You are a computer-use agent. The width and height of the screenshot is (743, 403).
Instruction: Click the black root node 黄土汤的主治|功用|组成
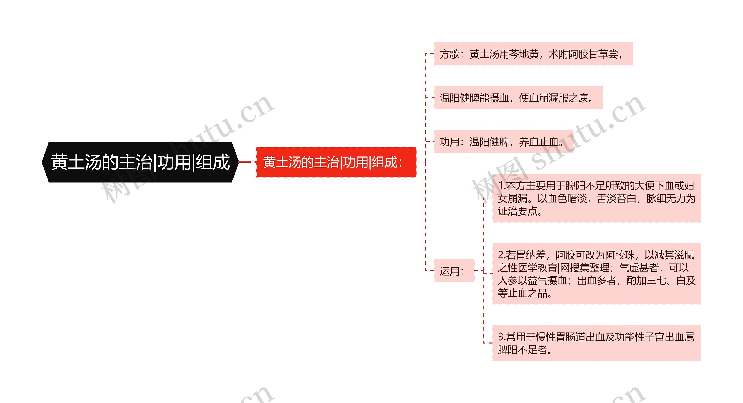click(x=140, y=162)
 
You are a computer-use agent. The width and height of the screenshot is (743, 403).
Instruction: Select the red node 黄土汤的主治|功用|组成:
click(x=336, y=162)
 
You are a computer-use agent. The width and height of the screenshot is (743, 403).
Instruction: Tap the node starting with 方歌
click(x=533, y=54)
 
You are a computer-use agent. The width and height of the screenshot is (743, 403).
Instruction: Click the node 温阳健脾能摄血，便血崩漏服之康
click(x=518, y=98)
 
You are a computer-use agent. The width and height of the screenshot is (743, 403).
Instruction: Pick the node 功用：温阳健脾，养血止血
click(x=503, y=142)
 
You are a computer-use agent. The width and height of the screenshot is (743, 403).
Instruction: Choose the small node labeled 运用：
click(x=454, y=271)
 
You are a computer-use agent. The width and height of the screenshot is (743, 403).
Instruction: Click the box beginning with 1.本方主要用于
click(x=596, y=198)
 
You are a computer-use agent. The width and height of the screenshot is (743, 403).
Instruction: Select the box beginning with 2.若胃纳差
click(x=596, y=274)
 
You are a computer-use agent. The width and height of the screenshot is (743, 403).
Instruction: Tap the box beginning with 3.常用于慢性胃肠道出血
click(x=596, y=343)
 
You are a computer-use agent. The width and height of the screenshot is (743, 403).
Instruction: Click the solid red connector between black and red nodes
click(x=244, y=162)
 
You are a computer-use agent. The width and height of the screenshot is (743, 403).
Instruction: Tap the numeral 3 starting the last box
click(x=501, y=337)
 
